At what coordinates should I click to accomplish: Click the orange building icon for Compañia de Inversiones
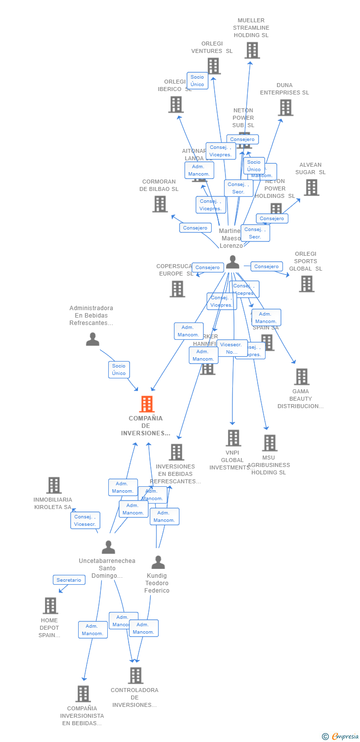click(147, 404)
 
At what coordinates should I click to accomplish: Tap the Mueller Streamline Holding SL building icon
click(252, 50)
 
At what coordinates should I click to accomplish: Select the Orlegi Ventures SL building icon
click(213, 66)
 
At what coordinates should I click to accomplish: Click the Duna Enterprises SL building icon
click(285, 107)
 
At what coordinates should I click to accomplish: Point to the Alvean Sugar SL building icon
click(311, 187)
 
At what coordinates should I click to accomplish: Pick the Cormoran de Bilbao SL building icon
click(160, 204)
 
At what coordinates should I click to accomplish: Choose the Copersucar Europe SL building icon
click(177, 289)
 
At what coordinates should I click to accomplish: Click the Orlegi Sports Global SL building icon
click(306, 284)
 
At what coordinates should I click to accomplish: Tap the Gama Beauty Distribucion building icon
click(301, 377)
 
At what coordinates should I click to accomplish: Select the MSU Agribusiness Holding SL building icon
click(270, 443)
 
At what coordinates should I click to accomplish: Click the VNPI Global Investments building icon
click(233, 438)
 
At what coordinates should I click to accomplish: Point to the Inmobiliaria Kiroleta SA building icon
click(54, 485)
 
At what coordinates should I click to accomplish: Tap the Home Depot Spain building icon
click(50, 605)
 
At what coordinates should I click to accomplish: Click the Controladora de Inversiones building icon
click(135, 675)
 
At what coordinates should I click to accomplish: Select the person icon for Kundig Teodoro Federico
click(158, 562)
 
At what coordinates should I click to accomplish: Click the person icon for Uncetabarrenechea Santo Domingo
click(108, 547)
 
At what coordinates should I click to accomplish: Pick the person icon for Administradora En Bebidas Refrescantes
click(92, 339)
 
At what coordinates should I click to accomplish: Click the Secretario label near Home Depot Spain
click(69, 580)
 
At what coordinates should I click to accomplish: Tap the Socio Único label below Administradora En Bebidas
click(119, 370)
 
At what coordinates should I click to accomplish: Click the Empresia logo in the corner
click(341, 737)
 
